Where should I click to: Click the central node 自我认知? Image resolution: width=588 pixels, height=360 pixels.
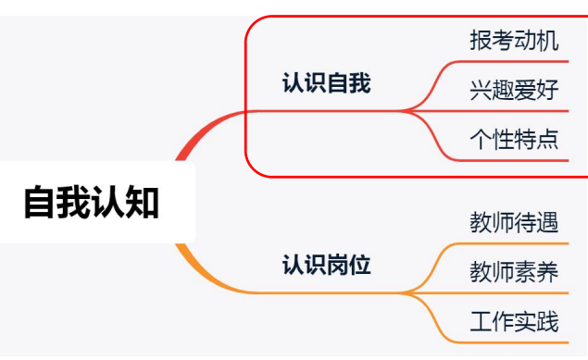pos(91,203)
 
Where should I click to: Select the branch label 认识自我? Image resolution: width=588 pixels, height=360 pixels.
pos(326,84)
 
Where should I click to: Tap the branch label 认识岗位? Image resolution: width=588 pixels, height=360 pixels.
pos(326,266)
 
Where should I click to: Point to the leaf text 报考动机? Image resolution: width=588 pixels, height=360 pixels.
pos(514,42)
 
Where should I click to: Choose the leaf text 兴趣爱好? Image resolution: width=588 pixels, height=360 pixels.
pos(514,91)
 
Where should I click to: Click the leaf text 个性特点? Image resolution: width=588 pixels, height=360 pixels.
pos(514,140)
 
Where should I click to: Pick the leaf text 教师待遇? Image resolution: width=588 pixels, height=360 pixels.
pos(514,223)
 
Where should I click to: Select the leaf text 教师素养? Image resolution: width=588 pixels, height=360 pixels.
pos(514,272)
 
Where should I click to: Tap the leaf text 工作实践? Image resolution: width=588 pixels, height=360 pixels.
pos(514,322)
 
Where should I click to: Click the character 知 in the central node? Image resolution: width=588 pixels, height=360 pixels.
pos(143,203)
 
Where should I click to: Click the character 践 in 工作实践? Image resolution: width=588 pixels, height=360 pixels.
pos(548,322)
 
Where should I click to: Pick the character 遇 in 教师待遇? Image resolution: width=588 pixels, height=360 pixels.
pos(548,223)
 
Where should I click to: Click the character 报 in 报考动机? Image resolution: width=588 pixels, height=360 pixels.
pos(481,42)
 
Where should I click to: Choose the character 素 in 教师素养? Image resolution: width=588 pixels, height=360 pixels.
pos(525,272)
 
